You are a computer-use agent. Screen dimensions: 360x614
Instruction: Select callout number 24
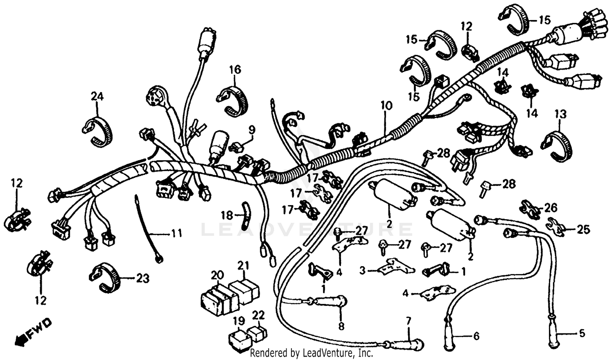pyautogui.click(x=97, y=97)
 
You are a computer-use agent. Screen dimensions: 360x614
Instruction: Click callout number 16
pyautogui.click(x=235, y=70)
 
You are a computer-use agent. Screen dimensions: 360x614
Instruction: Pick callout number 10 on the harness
pyautogui.click(x=386, y=105)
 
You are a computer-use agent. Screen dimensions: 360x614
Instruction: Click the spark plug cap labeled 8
pyautogui.click(x=331, y=302)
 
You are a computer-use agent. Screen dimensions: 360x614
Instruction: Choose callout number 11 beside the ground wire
pyautogui.click(x=176, y=234)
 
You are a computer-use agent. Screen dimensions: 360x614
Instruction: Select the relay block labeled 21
pyautogui.click(x=244, y=289)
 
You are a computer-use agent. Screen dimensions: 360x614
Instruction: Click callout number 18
pyautogui.click(x=227, y=215)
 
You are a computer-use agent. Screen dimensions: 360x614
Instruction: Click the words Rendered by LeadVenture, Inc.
pyautogui.click(x=311, y=353)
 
